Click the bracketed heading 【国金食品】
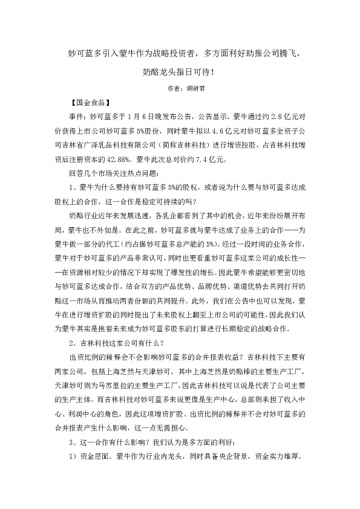(90, 102)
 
